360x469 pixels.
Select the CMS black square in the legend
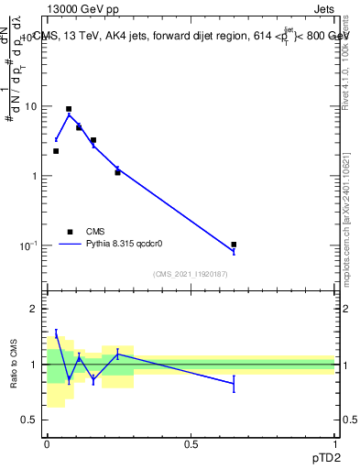point(71,232)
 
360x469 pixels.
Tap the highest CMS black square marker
point(69,109)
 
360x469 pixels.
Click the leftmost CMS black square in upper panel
point(56,151)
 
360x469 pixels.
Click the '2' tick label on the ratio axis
point(35,309)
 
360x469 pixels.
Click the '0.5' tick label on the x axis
point(191,444)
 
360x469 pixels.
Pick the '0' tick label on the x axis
point(47,444)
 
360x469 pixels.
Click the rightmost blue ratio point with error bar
point(234,384)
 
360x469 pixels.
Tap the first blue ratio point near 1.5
point(56,333)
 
